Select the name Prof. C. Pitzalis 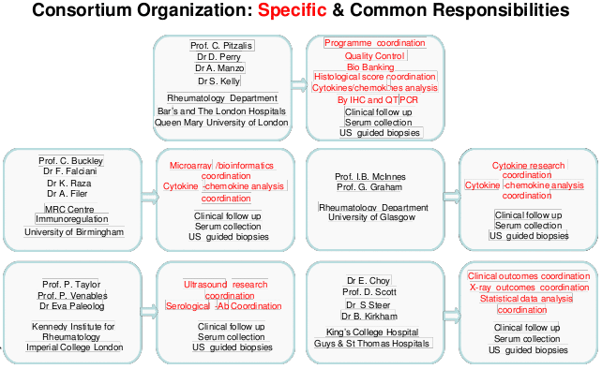(221, 45)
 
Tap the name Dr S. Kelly (218, 81)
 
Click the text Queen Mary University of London (221, 122)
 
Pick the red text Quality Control (373, 56)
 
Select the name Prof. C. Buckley (70, 160)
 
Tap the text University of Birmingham (74, 231)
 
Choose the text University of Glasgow (370, 217)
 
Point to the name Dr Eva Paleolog (71, 306)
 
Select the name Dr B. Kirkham (371, 317)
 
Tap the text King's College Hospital (371, 332)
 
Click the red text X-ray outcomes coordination (528, 288)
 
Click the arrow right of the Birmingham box (148, 198)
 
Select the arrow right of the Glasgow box (451, 199)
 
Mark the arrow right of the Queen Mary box (298, 83)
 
